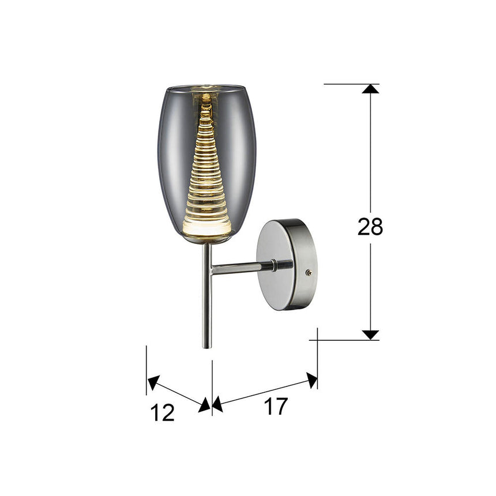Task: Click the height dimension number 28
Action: pos(370,227)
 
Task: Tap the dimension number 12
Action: pos(163,413)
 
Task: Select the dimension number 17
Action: pos(276,407)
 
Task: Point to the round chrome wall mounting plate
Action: pos(283,264)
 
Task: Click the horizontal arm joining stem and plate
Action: pos(239,268)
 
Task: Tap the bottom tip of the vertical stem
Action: pos(207,347)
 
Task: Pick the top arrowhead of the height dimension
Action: pos(370,89)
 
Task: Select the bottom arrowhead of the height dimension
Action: pos(370,335)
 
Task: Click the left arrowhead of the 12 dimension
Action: pos(153,382)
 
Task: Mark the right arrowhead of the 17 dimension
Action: pos(312,379)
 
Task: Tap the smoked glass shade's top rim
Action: pos(206,87)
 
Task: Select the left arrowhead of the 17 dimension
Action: pos(217,405)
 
